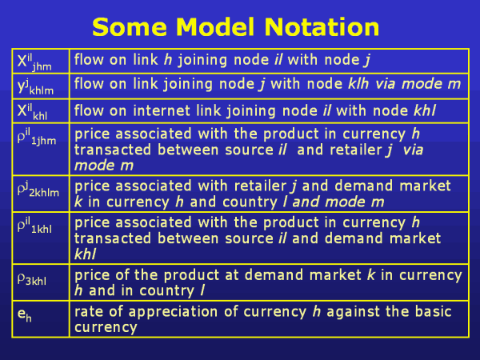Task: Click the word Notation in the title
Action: [322, 27]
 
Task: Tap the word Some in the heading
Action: [130, 27]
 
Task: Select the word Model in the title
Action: [215, 27]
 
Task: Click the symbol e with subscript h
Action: [25, 314]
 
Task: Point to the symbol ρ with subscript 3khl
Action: [32, 279]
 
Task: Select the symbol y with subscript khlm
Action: [35, 87]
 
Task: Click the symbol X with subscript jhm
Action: [34, 62]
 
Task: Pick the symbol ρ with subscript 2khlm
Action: [38, 189]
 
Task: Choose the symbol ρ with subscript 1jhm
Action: [37, 137]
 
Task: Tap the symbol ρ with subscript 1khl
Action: [34, 226]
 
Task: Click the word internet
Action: [162, 110]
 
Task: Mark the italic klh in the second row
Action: [358, 84]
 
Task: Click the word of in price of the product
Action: [122, 275]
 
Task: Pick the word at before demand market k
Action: [231, 275]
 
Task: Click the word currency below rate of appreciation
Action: [106, 328]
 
